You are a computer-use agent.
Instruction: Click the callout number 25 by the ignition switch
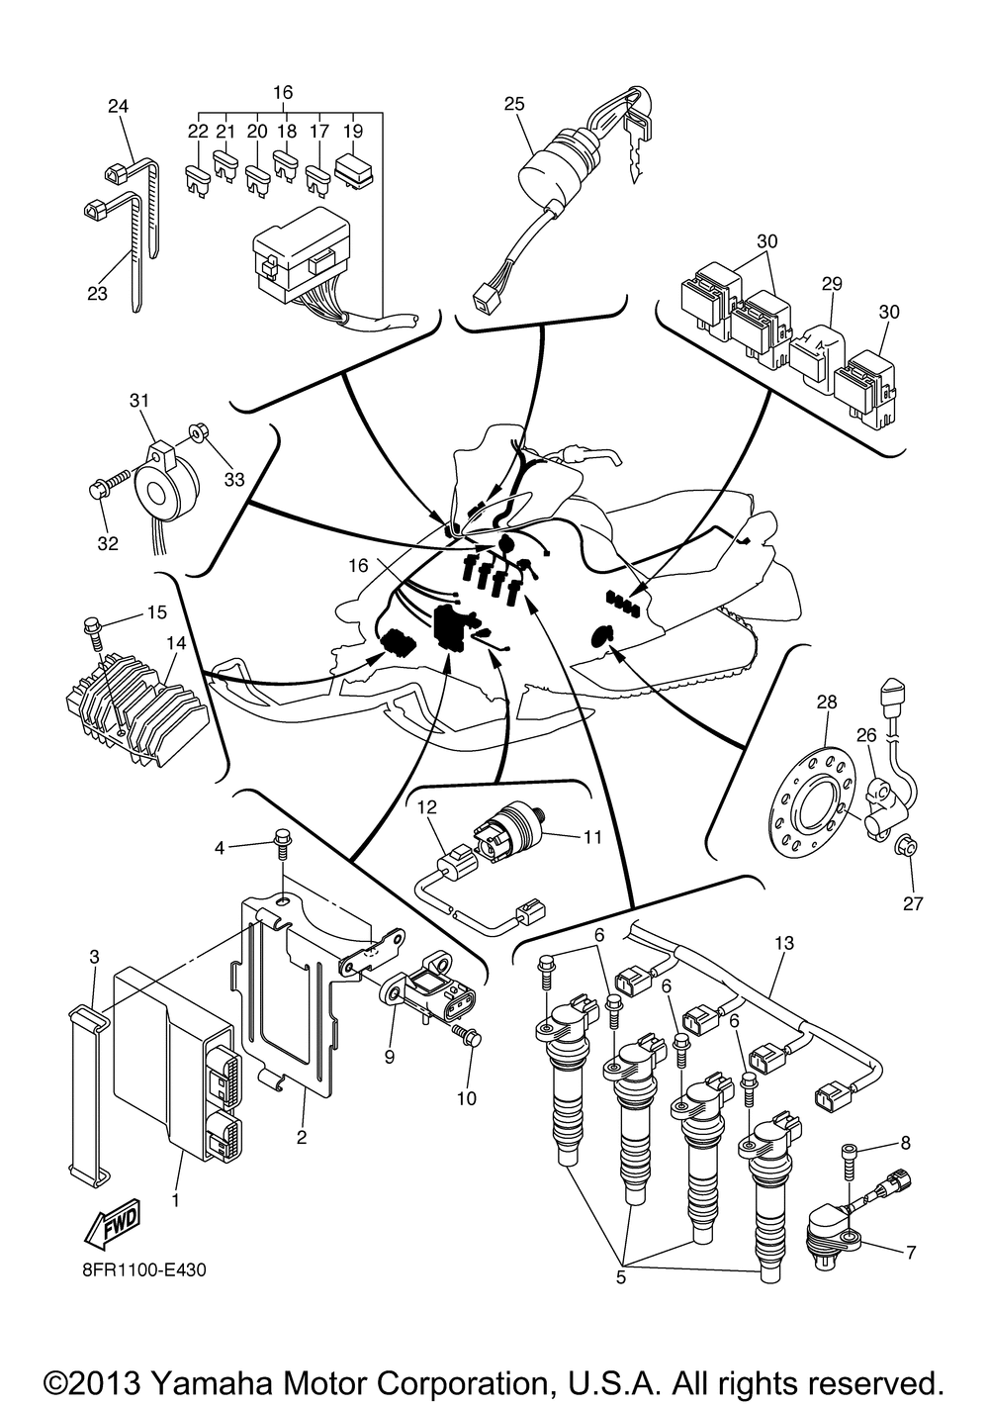click(x=514, y=104)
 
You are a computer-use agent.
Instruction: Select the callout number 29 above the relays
click(x=832, y=284)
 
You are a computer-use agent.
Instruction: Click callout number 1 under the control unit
click(x=175, y=1200)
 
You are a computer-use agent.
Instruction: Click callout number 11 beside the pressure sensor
click(x=591, y=837)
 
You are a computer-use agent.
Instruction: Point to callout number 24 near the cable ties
click(x=118, y=106)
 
